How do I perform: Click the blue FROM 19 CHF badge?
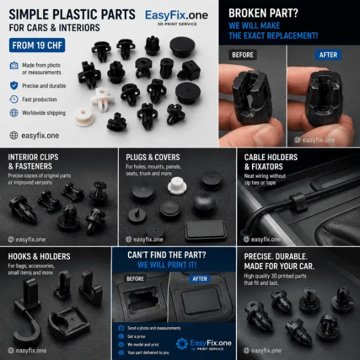[x=37, y=45]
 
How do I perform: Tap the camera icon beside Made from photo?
[x=14, y=66]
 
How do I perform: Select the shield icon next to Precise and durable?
[x=14, y=85]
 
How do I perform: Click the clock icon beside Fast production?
[x=14, y=99]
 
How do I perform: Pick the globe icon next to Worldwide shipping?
[x=14, y=113]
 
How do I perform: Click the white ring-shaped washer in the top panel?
[x=84, y=116]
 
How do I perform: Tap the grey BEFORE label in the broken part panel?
[x=243, y=55]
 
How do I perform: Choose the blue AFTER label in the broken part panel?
[x=328, y=55]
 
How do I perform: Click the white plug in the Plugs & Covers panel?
[x=177, y=186]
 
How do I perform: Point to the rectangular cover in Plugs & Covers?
[x=206, y=230]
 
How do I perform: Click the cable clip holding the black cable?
[x=298, y=203]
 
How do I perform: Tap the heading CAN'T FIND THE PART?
[x=166, y=255]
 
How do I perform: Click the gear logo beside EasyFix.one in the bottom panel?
[x=182, y=344]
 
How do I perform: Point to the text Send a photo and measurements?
[x=154, y=328]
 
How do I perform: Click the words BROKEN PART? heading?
[x=264, y=13]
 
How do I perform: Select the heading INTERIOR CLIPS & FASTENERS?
[x=33, y=161]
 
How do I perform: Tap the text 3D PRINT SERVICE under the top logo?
[x=177, y=24]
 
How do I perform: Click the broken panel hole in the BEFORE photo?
[x=141, y=300]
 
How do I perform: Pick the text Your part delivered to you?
[x=148, y=352]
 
